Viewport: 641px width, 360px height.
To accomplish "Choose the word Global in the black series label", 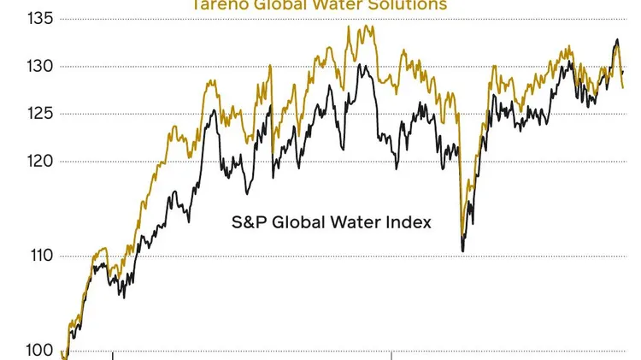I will click(297, 222).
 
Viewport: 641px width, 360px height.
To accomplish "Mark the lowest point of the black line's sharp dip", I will click(462, 251).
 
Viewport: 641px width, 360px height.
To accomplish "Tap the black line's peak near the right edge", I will click(617, 39).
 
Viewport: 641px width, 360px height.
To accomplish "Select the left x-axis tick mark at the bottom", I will click(112, 354).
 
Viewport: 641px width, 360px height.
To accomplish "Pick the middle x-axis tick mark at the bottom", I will click(391, 354).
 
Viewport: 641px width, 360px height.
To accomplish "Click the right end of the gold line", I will click(622, 87).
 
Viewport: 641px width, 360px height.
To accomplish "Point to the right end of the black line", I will click(623, 73).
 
